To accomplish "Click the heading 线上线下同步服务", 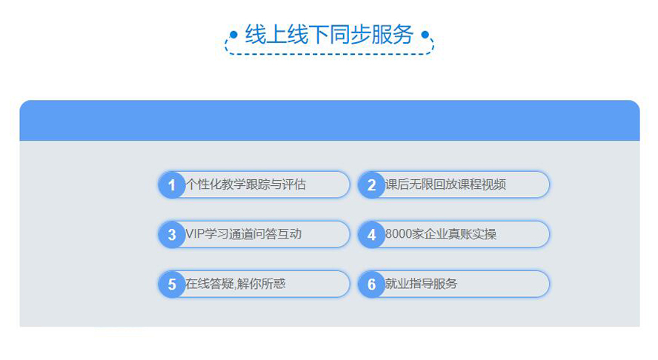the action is [x=330, y=34].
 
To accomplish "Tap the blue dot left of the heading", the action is [x=233, y=34].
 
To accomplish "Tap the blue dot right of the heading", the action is [x=425, y=34].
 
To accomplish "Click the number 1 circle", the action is [x=172, y=184].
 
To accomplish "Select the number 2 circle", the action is [x=371, y=184].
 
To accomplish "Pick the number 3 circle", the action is [x=172, y=235].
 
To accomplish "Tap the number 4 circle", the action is [x=371, y=235].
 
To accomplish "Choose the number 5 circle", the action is [x=172, y=284].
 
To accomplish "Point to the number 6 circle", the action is [x=371, y=284].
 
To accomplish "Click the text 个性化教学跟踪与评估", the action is [x=246, y=184].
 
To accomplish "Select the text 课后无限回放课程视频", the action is [x=445, y=184].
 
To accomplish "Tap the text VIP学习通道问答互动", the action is [x=243, y=234].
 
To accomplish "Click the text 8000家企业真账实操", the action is [x=441, y=234].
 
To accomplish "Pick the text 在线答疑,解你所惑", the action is [x=236, y=284].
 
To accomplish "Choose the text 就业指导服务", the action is [x=422, y=284].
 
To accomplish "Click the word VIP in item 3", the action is [x=195, y=234].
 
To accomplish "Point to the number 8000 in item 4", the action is [x=398, y=234].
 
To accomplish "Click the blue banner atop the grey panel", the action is [x=330, y=121].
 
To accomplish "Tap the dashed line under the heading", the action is [x=330, y=54].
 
